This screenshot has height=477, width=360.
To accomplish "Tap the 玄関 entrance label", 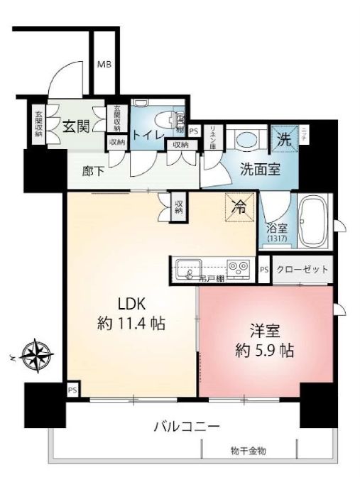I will click(75, 127).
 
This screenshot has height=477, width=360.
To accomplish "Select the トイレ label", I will click(148, 135).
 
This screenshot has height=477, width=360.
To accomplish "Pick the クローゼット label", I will click(303, 270).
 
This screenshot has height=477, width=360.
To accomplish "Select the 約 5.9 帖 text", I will click(266, 350).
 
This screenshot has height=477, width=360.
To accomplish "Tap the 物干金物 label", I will click(249, 451).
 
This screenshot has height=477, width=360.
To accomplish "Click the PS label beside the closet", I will click(264, 270).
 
